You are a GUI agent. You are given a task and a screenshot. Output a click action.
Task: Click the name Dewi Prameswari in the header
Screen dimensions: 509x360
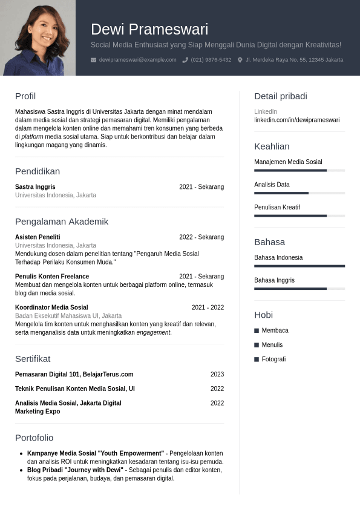coord(149,29)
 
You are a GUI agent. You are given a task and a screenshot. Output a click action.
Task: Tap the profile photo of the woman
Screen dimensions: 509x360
coord(38,38)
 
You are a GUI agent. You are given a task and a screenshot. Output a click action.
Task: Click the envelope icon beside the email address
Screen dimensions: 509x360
coord(93,60)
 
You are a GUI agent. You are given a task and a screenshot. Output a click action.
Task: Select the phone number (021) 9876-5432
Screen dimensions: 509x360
coord(211,60)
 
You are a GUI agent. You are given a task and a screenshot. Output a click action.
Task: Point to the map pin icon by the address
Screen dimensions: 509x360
coord(240,60)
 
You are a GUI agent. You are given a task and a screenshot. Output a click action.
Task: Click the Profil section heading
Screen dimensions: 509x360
coord(25,96)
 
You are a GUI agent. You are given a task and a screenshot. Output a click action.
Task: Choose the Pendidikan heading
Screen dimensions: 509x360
coord(38,171)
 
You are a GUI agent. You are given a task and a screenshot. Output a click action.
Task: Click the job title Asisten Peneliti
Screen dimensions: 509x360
coord(38,237)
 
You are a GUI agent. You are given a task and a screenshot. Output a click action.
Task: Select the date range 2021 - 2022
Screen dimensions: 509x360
coord(208,307)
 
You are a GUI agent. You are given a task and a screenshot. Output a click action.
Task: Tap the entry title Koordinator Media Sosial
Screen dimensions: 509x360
coord(51,307)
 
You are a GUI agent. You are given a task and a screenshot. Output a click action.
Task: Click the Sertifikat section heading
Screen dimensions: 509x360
coord(33,359)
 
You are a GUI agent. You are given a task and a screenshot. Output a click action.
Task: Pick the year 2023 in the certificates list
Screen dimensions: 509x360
coord(217,375)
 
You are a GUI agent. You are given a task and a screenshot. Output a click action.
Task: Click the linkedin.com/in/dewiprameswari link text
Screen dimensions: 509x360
coord(296,120)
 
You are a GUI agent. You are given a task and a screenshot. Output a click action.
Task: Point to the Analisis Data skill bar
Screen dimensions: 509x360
coord(299,193)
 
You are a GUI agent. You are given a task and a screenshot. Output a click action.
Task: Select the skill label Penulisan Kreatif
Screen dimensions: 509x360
coord(277,207)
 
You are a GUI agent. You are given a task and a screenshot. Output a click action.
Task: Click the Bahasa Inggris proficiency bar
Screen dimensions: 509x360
coord(299,289)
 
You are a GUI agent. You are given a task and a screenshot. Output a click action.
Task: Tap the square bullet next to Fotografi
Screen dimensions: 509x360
coord(257,360)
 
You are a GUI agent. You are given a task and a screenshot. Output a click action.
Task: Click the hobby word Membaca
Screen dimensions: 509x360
coord(275,330)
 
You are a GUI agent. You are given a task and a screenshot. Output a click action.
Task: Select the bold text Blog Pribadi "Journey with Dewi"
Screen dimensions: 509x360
coord(75,470)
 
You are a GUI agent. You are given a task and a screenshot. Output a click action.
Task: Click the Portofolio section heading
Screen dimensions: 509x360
coord(34,438)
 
